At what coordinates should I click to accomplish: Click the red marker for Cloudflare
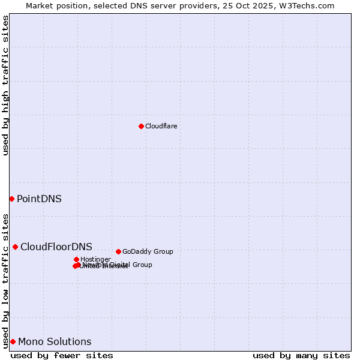(x=141, y=126)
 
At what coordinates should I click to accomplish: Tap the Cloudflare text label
(x=161, y=126)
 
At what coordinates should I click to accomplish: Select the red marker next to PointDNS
(x=11, y=199)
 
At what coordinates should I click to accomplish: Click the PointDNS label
(x=39, y=199)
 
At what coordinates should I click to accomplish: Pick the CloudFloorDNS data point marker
(x=15, y=247)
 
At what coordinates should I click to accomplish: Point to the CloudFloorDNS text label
(x=56, y=247)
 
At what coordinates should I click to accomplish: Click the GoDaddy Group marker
(x=118, y=251)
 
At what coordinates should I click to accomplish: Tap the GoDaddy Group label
(x=148, y=251)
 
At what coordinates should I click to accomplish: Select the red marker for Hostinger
(x=76, y=259)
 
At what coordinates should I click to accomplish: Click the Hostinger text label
(x=95, y=259)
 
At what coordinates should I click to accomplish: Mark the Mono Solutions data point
(x=13, y=341)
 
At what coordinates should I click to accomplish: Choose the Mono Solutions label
(x=55, y=342)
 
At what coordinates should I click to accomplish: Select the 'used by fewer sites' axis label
(x=62, y=355)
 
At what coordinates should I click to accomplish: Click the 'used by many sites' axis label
(x=301, y=355)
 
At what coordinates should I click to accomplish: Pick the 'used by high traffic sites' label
(x=5, y=85)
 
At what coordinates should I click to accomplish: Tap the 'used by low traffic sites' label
(x=5, y=280)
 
